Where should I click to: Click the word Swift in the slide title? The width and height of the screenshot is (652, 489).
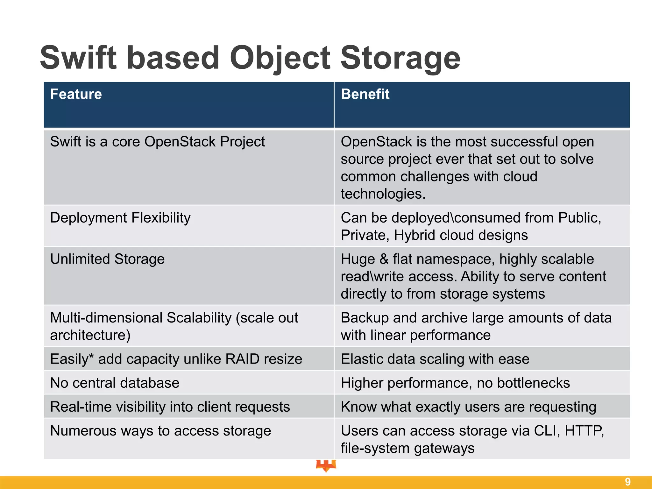pyautogui.click(x=78, y=58)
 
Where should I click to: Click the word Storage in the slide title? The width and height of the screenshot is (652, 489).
pyautogui.click(x=400, y=58)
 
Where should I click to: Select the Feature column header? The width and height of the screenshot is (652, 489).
pyautogui.click(x=76, y=94)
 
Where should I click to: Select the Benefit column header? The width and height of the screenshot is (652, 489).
pyautogui.click(x=365, y=94)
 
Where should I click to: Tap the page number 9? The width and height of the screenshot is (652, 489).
pyautogui.click(x=627, y=482)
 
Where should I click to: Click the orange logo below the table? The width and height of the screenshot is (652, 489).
pyautogui.click(x=326, y=465)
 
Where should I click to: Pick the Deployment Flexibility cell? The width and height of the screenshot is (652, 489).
pyautogui.click(x=120, y=218)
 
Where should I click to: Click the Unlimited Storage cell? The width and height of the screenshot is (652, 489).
pyautogui.click(x=107, y=259)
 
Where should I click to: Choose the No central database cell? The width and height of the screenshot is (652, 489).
pyautogui.click(x=115, y=383)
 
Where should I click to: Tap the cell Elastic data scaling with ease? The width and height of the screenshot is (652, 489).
pyautogui.click(x=435, y=359)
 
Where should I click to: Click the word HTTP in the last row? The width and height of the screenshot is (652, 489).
pyautogui.click(x=584, y=431)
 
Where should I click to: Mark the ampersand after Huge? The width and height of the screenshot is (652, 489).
pyautogui.click(x=384, y=259)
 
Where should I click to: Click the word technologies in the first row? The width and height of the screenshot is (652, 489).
pyautogui.click(x=383, y=194)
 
